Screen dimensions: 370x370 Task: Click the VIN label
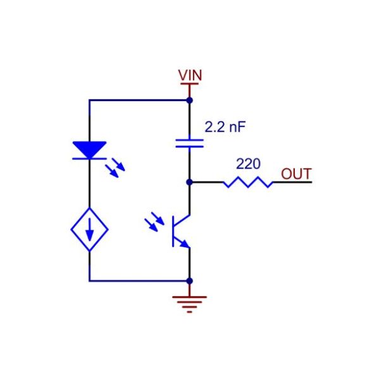190,75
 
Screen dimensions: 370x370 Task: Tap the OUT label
296,174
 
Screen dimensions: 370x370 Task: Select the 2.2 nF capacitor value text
225,127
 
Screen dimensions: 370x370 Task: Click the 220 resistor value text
248,164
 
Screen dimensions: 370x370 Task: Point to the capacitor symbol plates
190,143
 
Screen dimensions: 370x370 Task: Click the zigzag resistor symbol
248,182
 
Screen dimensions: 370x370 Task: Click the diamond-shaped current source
89,230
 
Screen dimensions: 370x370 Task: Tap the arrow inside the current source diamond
89,230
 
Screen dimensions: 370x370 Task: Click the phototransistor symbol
182,231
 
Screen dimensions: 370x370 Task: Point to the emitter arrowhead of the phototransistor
185,244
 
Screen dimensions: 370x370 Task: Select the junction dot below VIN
190,101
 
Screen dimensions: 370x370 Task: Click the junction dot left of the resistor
190,182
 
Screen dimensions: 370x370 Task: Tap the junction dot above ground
190,281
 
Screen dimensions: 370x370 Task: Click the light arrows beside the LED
115,168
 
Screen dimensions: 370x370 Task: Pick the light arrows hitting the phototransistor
154,222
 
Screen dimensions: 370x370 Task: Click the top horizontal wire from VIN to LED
139,101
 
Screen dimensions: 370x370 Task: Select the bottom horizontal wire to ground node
139,281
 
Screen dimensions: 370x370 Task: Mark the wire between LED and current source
89,184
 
